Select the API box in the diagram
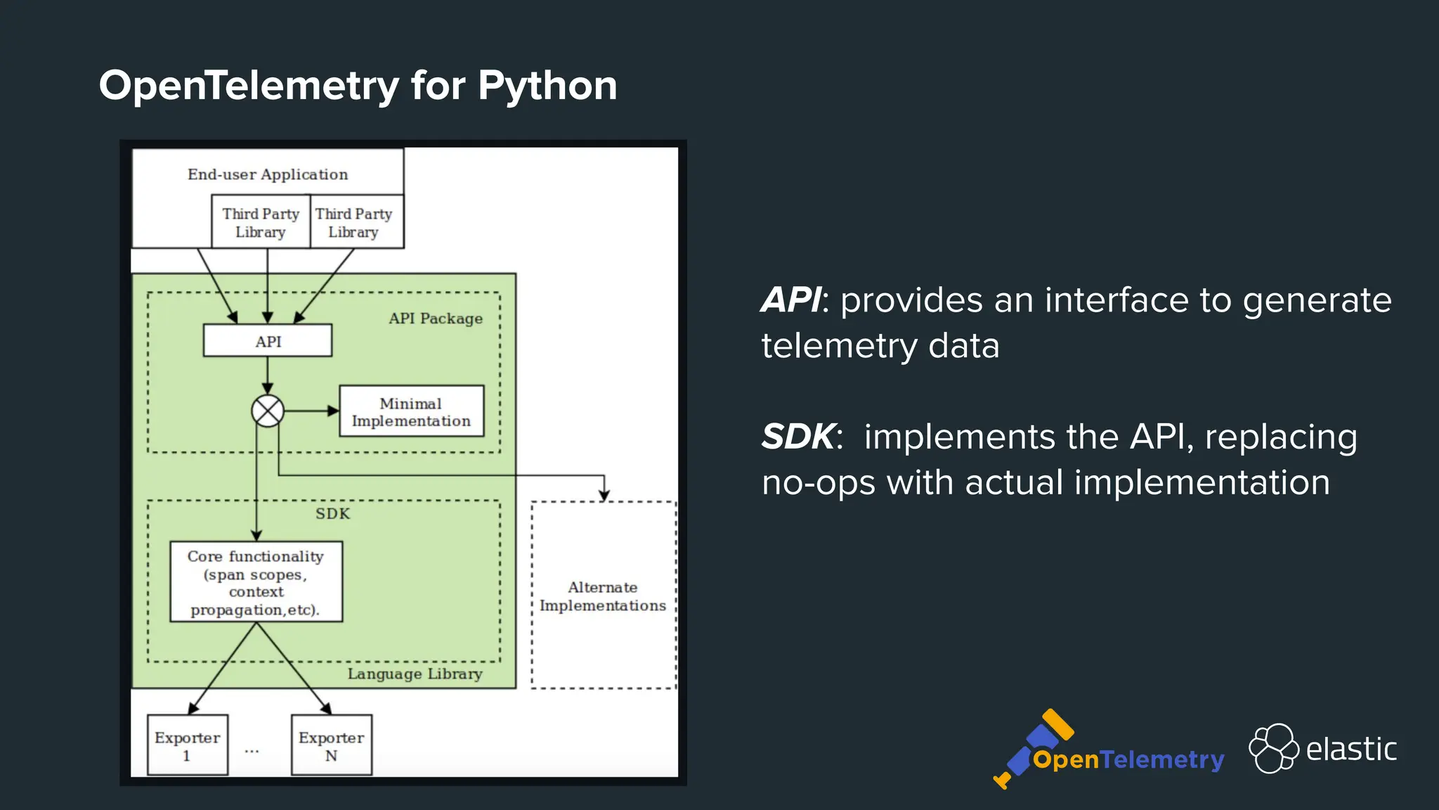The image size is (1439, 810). click(268, 341)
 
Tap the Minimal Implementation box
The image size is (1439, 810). click(411, 411)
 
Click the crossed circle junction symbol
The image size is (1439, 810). click(268, 411)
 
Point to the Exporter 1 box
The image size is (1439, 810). click(188, 745)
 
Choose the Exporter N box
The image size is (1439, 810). click(331, 745)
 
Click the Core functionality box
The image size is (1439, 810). click(256, 581)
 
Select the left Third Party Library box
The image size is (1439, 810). click(261, 222)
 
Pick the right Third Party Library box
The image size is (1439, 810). click(354, 222)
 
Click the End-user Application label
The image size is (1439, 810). click(268, 174)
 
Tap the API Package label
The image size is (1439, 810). click(436, 319)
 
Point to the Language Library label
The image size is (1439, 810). click(415, 674)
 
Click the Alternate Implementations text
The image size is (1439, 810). click(603, 596)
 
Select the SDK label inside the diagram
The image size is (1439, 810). click(332, 513)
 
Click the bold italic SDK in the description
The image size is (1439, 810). click(799, 437)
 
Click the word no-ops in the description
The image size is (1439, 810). click(819, 483)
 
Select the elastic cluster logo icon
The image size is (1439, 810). click(1273, 748)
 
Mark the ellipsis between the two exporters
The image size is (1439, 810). click(252, 751)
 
